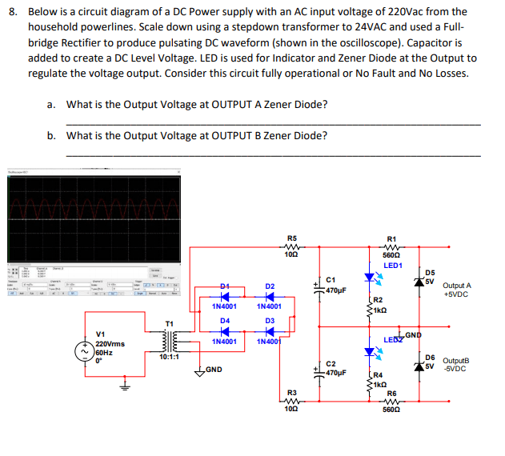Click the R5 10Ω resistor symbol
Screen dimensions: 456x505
[292, 247]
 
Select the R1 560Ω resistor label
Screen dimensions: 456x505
[391, 247]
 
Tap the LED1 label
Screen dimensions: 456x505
[392, 265]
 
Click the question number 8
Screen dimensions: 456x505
[13, 12]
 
